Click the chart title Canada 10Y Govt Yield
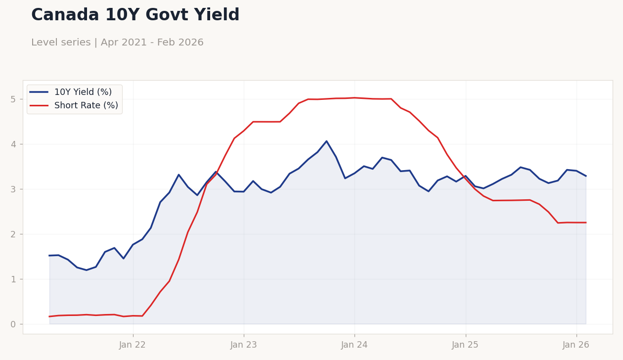coord(135,15)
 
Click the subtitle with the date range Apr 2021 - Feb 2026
coord(117,43)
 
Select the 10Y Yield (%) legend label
coord(83,92)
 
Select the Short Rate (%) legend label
coord(86,105)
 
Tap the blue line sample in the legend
coord(39,92)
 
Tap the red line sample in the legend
coord(39,105)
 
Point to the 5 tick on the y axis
coord(13,99)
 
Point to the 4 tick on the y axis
coord(13,144)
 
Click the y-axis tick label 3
coord(13,189)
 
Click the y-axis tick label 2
coord(13,234)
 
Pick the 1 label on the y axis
coord(13,279)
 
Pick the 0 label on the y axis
coord(13,324)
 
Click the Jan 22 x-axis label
coord(133,345)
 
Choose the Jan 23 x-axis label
coord(243,345)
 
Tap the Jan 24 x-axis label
coord(354,345)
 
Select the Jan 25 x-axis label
coord(465,345)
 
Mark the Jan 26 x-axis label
coord(576,345)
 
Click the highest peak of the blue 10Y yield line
coord(326,141)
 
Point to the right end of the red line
coord(586,223)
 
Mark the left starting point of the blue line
coord(49,256)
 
